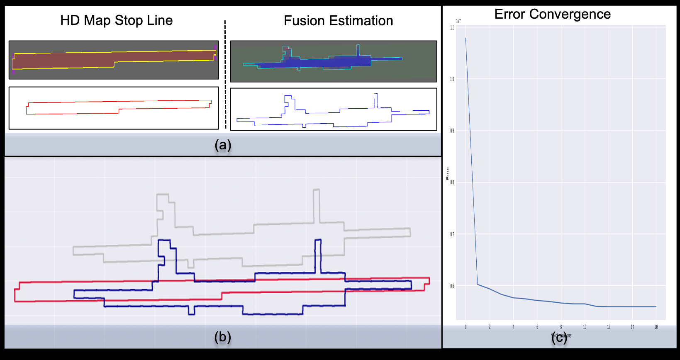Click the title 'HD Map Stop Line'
pyautogui.click(x=116, y=20)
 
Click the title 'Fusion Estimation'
pyautogui.click(x=338, y=21)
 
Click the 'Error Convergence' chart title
pyautogui.click(x=552, y=14)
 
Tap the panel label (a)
pyautogui.click(x=223, y=145)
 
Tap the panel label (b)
pyautogui.click(x=222, y=337)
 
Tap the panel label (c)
pyautogui.click(x=559, y=338)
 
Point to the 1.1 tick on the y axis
pyautogui.click(x=452, y=28)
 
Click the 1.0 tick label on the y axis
pyautogui.click(x=452, y=79)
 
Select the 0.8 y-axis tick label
pyautogui.click(x=452, y=182)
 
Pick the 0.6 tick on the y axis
pyautogui.click(x=452, y=286)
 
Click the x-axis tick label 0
pyautogui.click(x=466, y=327)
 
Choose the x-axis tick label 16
pyautogui.click(x=656, y=327)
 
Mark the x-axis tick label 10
pyautogui.click(x=585, y=327)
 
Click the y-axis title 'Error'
pyautogui.click(x=447, y=173)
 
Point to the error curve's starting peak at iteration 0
pyautogui.click(x=466, y=38)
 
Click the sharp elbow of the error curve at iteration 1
pyautogui.click(x=478, y=284)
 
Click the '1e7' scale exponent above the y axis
pyautogui.click(x=458, y=21)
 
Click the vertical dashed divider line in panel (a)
pyautogui.click(x=225, y=75)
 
